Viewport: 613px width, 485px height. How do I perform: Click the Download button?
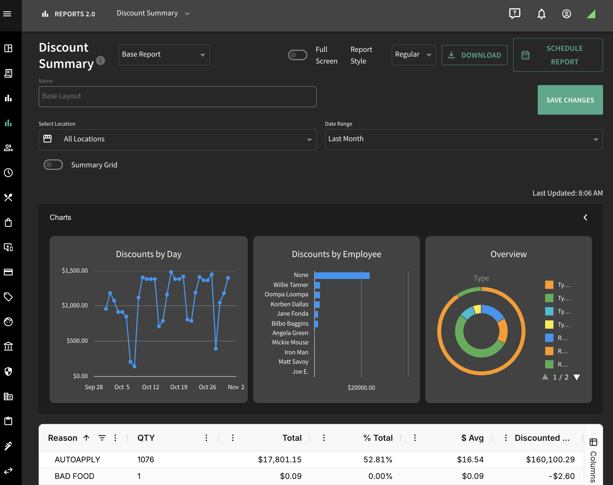tap(474, 55)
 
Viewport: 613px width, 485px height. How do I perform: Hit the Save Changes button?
tap(570, 100)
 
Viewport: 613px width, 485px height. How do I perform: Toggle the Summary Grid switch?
tap(53, 165)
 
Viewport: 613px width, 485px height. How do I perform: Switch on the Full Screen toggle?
tap(298, 55)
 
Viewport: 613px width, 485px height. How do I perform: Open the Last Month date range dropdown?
tap(464, 139)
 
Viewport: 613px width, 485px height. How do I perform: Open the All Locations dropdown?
tap(178, 139)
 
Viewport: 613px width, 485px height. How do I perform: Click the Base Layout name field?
tap(178, 97)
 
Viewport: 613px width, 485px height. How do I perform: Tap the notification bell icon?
tap(542, 14)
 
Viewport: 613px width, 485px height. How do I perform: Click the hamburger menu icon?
tap(7, 14)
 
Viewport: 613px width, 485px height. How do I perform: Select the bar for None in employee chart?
tap(342, 275)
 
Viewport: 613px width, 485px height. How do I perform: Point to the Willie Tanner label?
tap(291, 285)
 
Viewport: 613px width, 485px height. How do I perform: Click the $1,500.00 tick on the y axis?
tap(75, 271)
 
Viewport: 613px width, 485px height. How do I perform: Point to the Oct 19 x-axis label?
tap(179, 387)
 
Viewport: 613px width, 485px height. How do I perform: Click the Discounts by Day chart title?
tap(149, 254)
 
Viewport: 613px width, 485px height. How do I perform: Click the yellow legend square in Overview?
tap(549, 325)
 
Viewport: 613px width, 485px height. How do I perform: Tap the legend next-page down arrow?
tap(577, 377)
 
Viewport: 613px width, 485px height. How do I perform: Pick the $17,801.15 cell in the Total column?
tap(280, 459)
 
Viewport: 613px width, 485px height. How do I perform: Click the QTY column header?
tap(146, 438)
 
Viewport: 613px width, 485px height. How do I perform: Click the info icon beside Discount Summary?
tap(100, 60)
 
